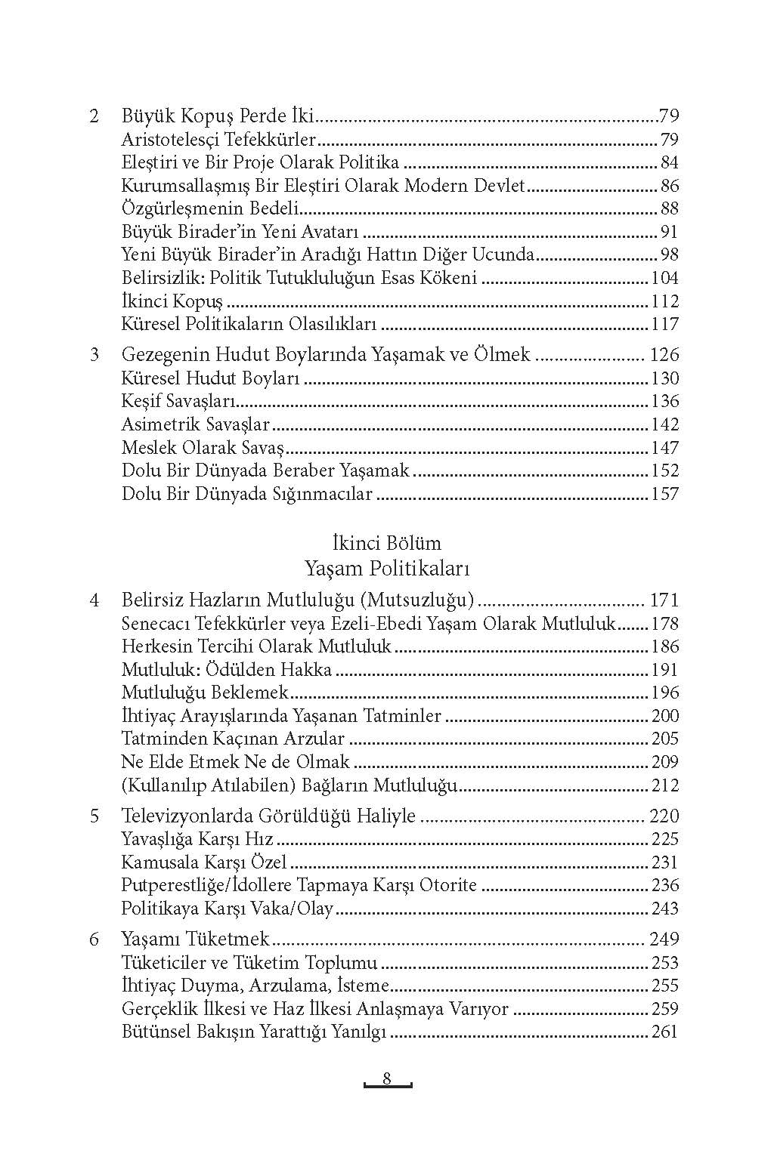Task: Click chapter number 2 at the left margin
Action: click(94, 117)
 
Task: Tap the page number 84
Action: click(669, 163)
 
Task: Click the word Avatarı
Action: click(330, 233)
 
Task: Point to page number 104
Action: click(664, 279)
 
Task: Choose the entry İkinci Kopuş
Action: click(172, 302)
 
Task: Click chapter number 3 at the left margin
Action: click(94, 355)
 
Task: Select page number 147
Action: click(664, 448)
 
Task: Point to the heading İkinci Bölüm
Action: click(386, 543)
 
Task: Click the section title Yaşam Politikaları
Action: click(386, 567)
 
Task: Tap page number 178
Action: click(664, 624)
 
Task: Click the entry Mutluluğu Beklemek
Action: click(205, 693)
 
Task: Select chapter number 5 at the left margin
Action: click(94, 816)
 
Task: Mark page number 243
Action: click(664, 909)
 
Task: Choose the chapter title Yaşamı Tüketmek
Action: click(195, 939)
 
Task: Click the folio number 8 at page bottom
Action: click(386, 1078)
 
